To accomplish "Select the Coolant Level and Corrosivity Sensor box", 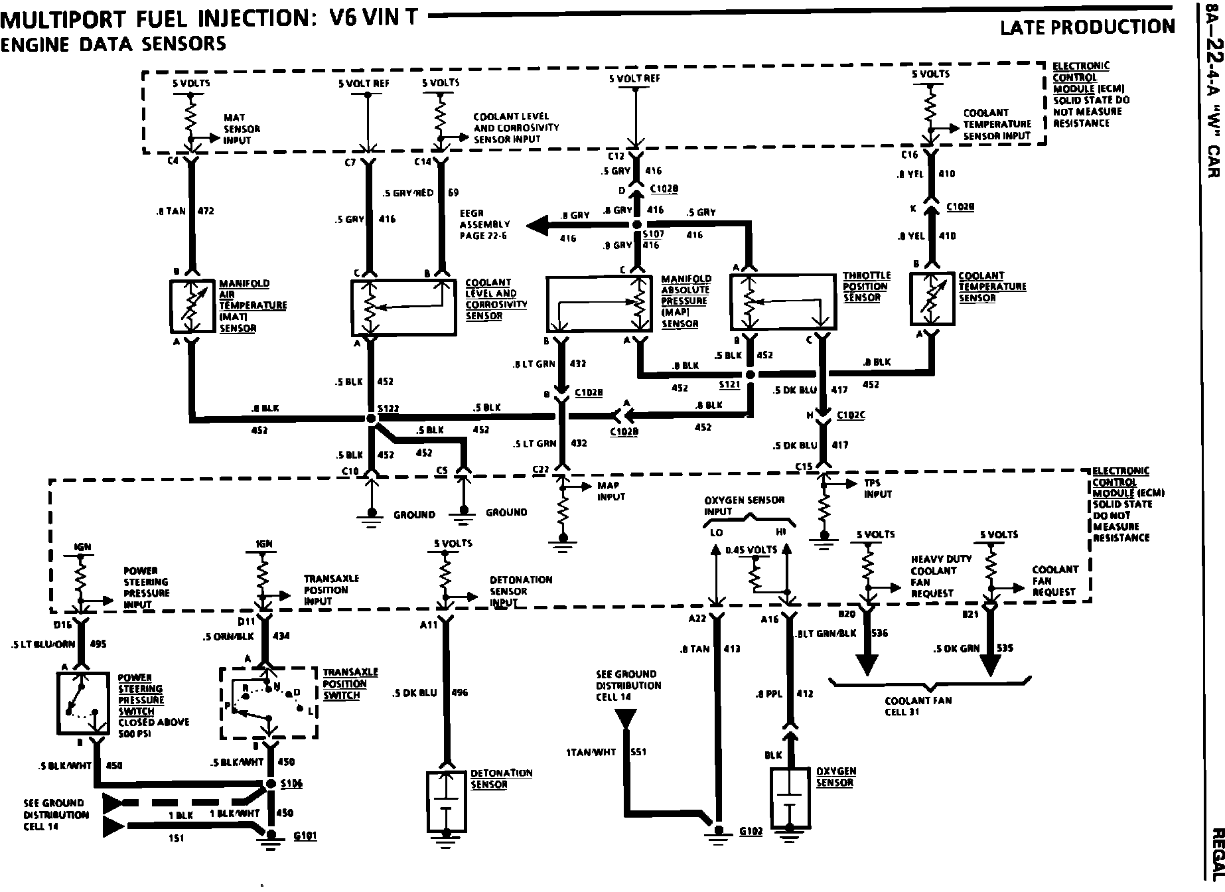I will tap(403, 307).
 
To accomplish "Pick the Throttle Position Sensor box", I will tap(782, 303).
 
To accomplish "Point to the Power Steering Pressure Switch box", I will tap(82, 702).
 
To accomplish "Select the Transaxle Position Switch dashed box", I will tap(269, 702).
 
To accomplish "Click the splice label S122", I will tap(388, 409).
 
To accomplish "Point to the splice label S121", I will tap(729, 385).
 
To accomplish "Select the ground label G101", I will tap(305, 836).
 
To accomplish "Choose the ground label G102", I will tap(752, 831).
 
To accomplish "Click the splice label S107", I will tap(653, 234).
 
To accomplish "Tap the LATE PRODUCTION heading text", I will tap(1087, 27).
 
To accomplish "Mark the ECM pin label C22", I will tap(541, 470).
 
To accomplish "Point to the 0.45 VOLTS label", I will tap(751, 550).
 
